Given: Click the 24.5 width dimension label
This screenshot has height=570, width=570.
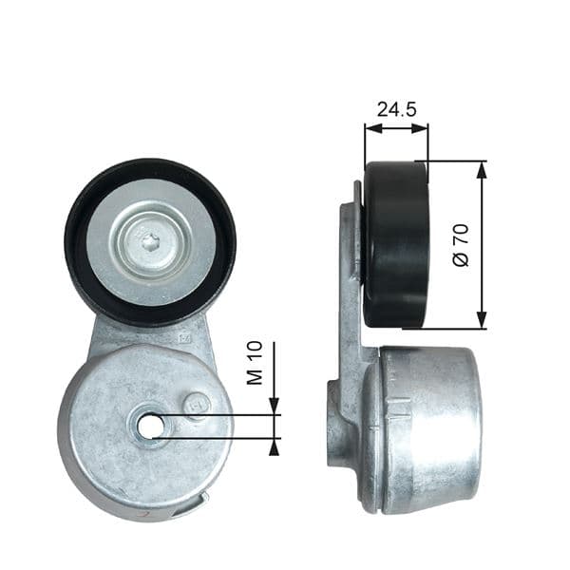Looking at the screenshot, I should pos(396,109).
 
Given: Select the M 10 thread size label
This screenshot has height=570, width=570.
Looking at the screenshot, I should pos(254,364).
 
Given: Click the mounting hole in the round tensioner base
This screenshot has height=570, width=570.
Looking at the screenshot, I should pos(150,427).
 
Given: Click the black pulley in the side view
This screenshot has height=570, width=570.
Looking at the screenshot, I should pos(396,244).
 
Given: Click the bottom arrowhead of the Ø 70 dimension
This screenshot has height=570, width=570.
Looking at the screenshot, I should pos(482,321).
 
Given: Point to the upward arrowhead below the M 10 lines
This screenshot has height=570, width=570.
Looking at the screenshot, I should pos(275,446).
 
